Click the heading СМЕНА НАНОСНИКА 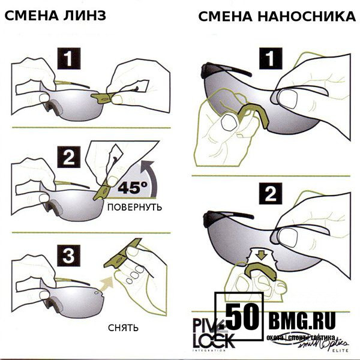coord(277,16)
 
